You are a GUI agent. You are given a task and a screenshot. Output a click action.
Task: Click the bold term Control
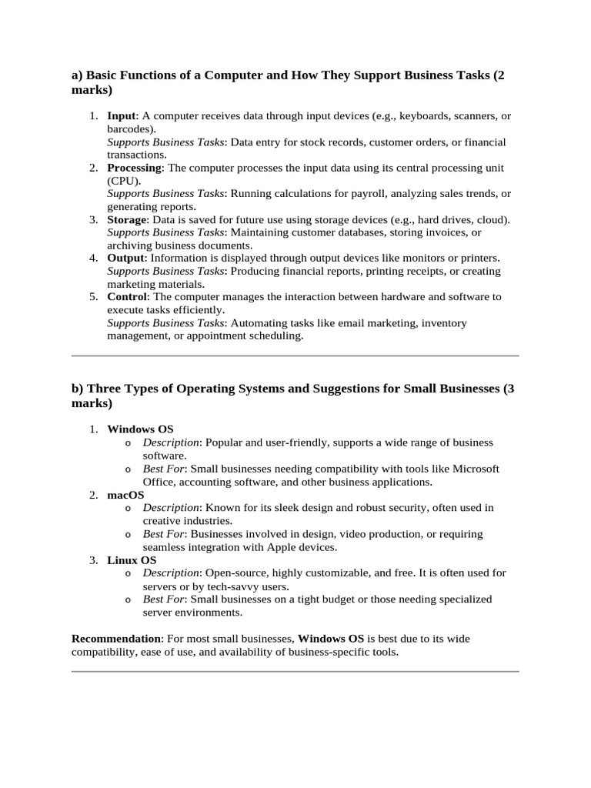point(126,296)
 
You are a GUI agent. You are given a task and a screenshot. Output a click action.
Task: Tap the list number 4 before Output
point(92,258)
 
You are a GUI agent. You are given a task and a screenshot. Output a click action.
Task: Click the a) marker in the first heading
point(77,75)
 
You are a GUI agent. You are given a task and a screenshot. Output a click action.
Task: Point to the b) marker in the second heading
point(77,389)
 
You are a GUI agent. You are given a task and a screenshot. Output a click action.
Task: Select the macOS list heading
point(125,495)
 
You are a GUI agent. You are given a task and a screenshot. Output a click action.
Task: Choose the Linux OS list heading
point(132,560)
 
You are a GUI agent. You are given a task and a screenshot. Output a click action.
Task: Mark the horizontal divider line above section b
point(295,356)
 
